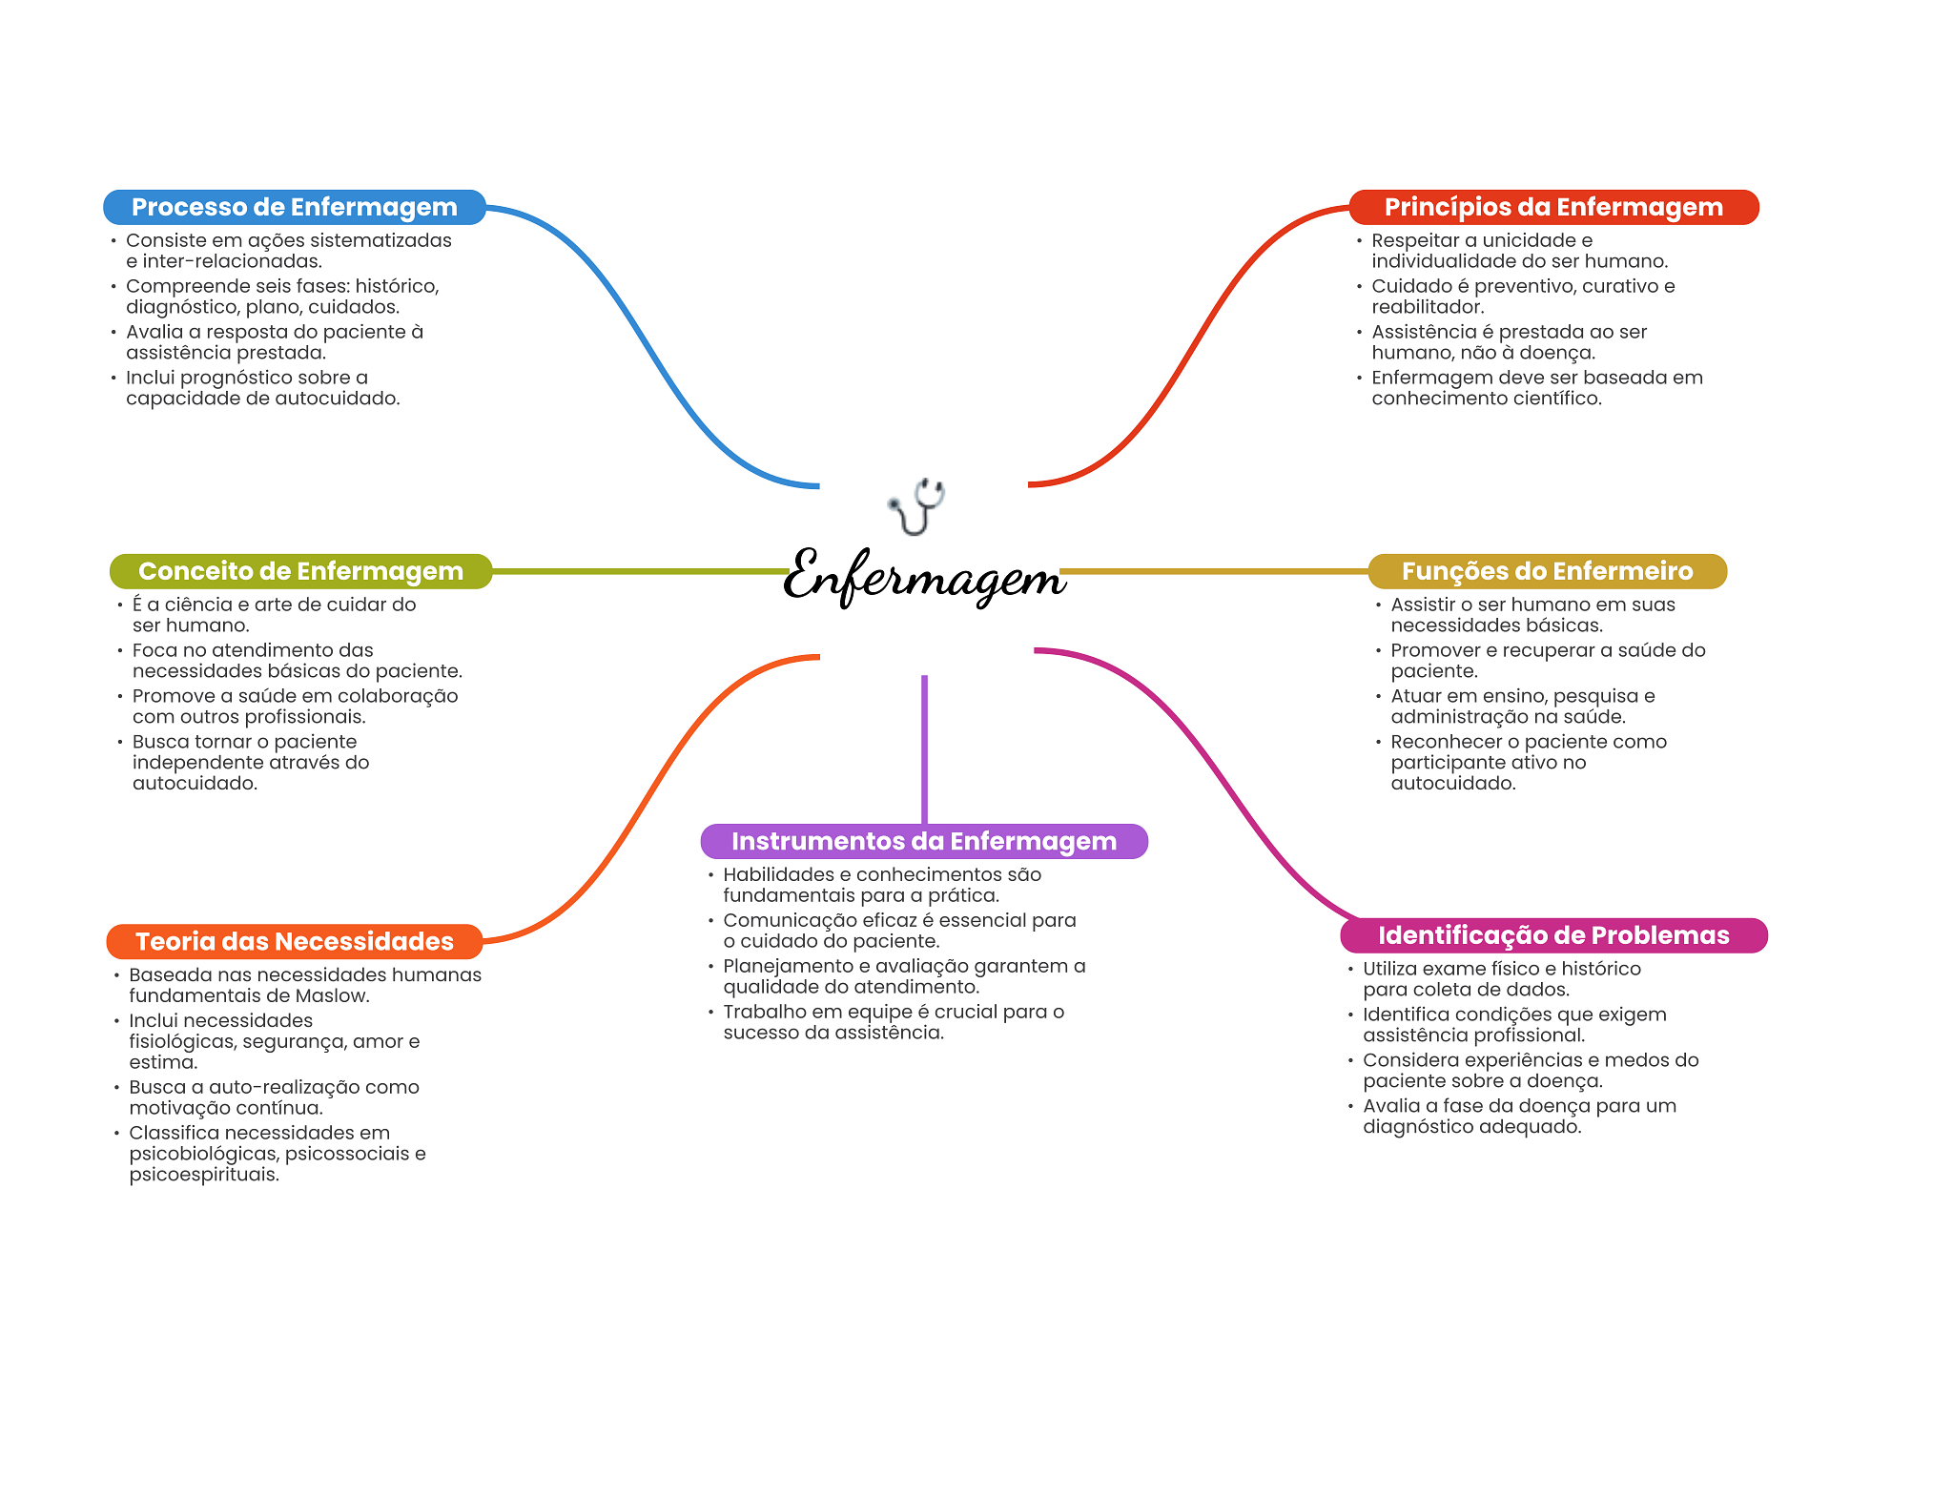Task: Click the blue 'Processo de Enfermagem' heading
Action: (294, 207)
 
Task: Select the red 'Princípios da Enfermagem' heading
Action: (1552, 207)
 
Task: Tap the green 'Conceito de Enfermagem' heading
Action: (300, 571)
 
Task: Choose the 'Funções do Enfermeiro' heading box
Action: (1547, 571)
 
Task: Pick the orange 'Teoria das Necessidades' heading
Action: (294, 941)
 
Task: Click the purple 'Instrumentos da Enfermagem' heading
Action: (923, 841)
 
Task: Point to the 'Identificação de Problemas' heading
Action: (1552, 935)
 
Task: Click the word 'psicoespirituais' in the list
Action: (203, 1175)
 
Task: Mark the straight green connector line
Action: (639, 571)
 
